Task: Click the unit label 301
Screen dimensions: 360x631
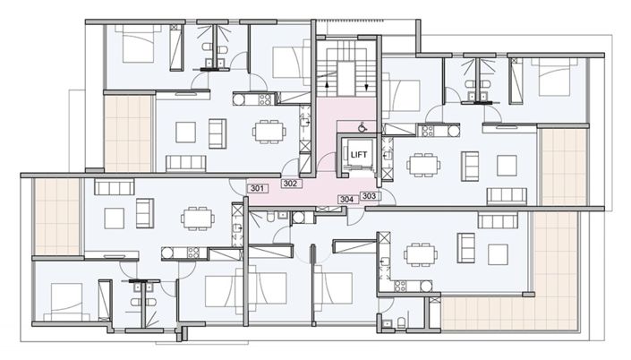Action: [x=258, y=189]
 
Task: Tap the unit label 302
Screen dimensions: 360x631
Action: [x=289, y=184]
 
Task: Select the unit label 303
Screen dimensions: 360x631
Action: [x=370, y=195]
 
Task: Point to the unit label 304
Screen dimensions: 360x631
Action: [x=347, y=199]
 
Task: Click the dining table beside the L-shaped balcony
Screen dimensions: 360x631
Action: [x=420, y=255]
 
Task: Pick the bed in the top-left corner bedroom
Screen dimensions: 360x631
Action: [x=141, y=44]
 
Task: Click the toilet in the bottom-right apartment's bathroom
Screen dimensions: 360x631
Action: [x=403, y=321]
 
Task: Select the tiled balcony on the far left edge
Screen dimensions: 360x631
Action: [x=55, y=216]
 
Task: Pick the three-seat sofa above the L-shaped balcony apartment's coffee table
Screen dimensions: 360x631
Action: [x=491, y=220]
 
